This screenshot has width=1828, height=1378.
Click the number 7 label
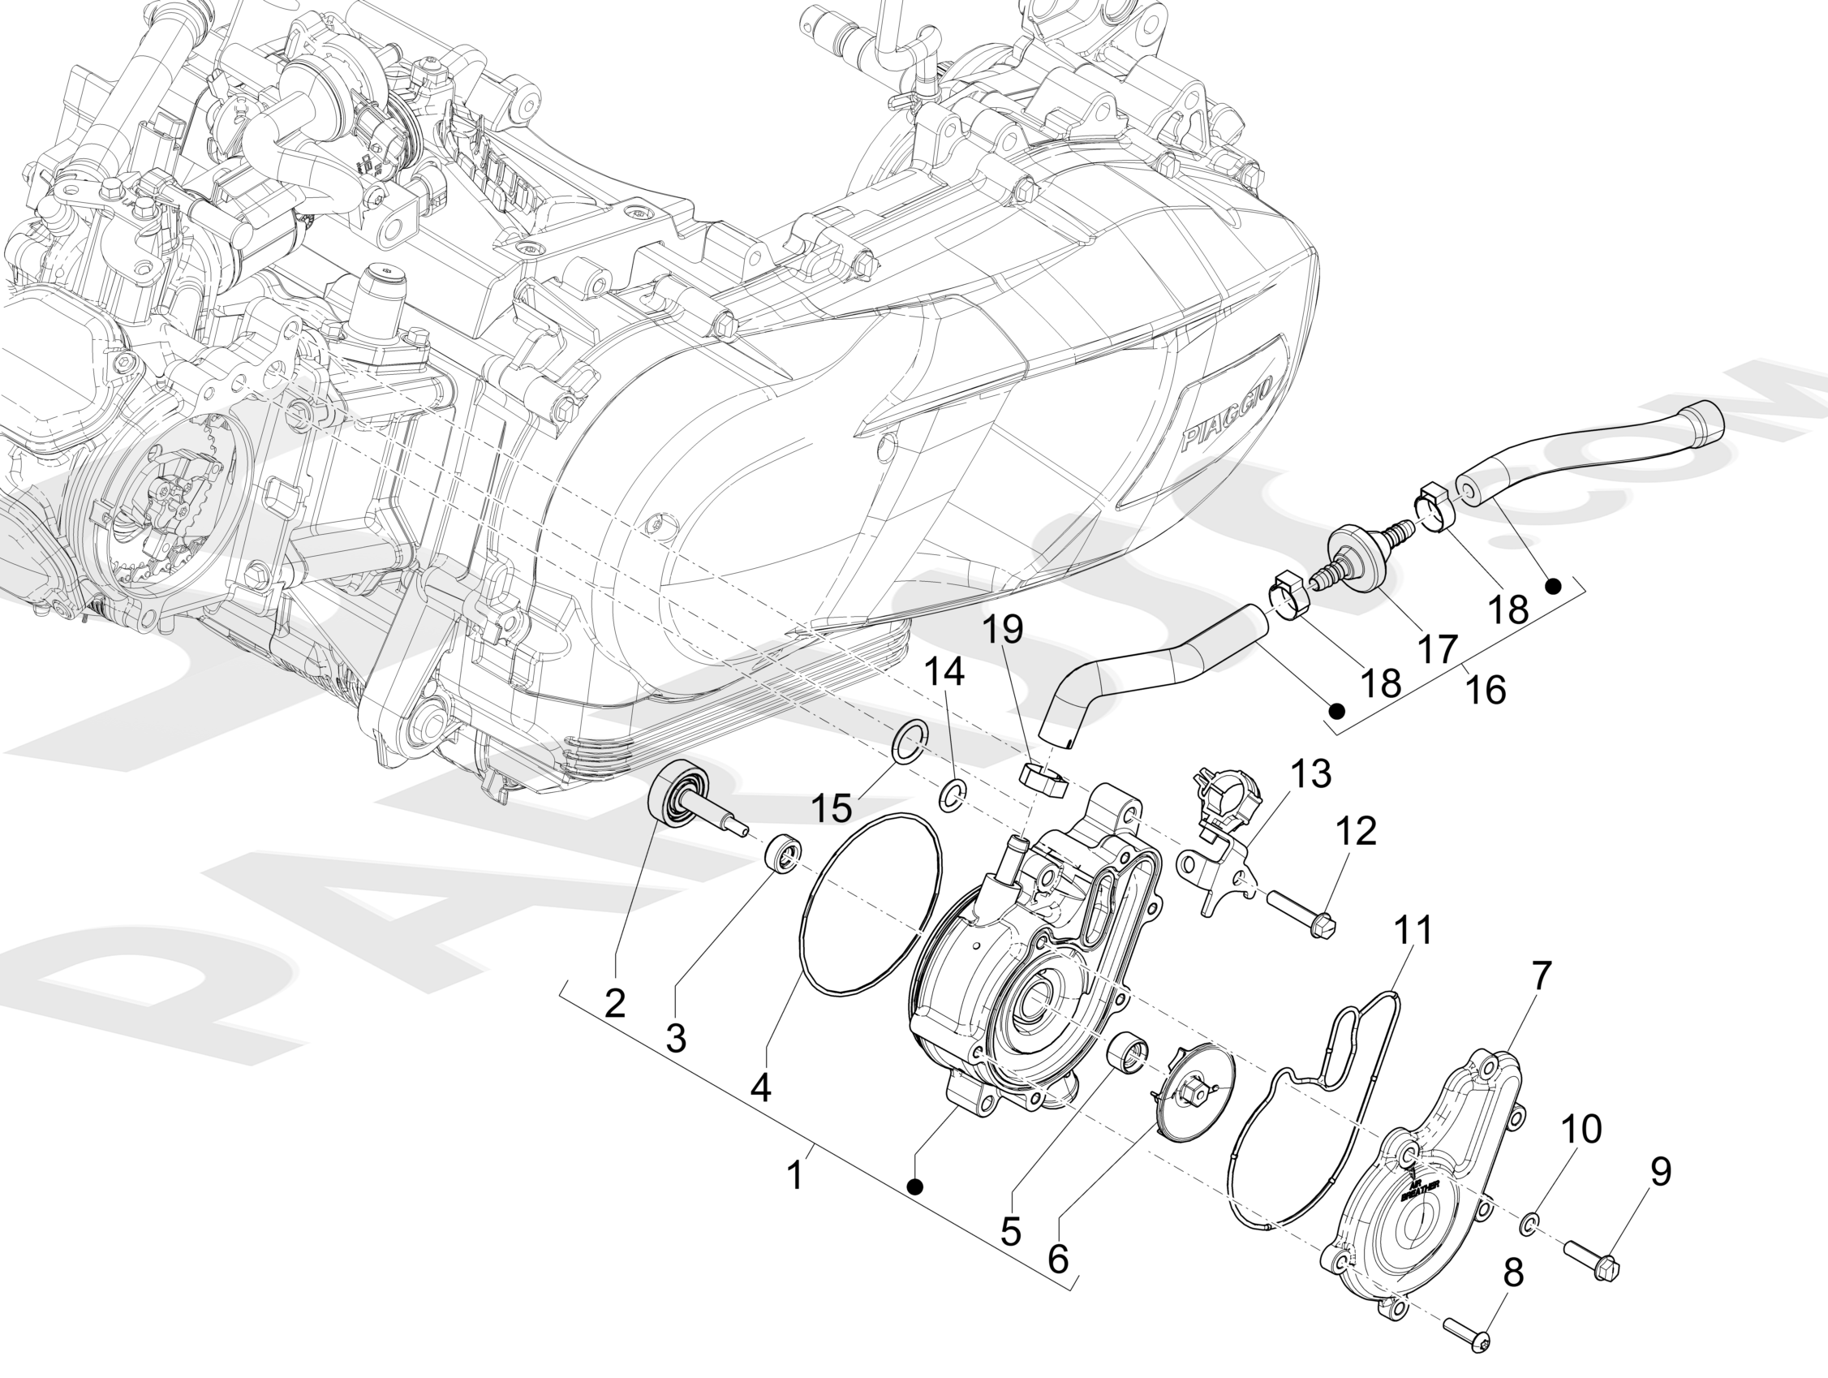pos(1543,976)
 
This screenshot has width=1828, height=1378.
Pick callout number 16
pos(1484,688)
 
